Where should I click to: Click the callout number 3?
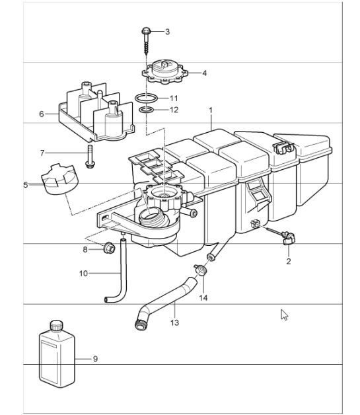tap(168, 31)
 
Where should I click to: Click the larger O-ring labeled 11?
tap(147, 98)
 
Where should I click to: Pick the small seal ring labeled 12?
tap(148, 110)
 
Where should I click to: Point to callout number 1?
tap(211, 110)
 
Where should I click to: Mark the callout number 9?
tap(95, 359)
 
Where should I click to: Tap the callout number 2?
tap(288, 261)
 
